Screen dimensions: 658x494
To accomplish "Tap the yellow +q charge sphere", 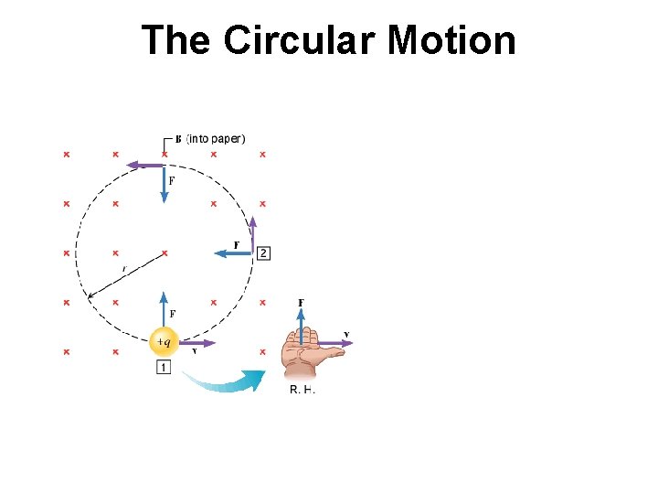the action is pyautogui.click(x=164, y=342).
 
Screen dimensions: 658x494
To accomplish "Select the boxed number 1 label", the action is pyautogui.click(x=164, y=367).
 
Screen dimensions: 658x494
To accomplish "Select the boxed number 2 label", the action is pyautogui.click(x=263, y=252).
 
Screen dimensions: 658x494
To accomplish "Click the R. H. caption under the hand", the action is pyautogui.click(x=302, y=391).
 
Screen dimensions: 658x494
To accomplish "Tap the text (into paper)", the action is pyautogui.click(x=216, y=139).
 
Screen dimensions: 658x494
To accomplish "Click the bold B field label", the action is pyautogui.click(x=178, y=139).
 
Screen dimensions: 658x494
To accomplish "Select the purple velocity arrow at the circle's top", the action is pyautogui.click(x=145, y=166).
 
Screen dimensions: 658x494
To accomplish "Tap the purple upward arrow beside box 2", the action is pyautogui.click(x=253, y=234).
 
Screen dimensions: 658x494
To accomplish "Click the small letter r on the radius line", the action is pyautogui.click(x=124, y=268).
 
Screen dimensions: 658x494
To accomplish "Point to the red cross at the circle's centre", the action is pyautogui.click(x=164, y=252).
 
